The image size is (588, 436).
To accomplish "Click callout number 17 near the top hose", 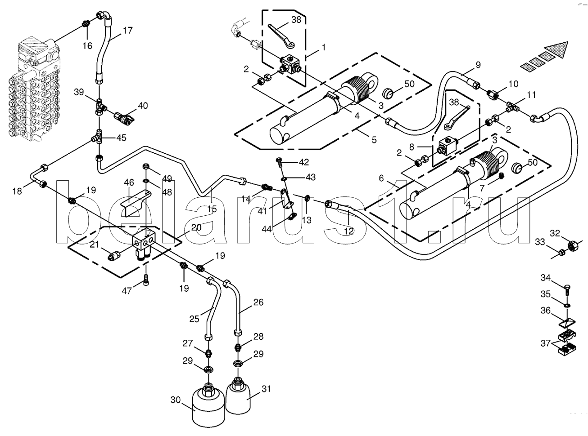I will tap(127, 31).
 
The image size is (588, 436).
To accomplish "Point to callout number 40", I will tap(143, 106).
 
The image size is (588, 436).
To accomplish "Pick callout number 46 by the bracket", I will tap(129, 182).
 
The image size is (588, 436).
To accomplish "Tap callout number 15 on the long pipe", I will tap(212, 209).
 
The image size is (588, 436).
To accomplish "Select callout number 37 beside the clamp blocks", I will tap(545, 343).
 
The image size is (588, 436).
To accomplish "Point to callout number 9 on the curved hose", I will tap(478, 65).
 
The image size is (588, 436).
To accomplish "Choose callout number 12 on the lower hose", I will tap(348, 231).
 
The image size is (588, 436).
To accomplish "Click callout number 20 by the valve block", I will tap(195, 227).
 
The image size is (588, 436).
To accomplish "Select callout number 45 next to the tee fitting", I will tap(121, 138).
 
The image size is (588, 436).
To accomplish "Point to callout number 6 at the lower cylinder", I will tap(381, 178).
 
